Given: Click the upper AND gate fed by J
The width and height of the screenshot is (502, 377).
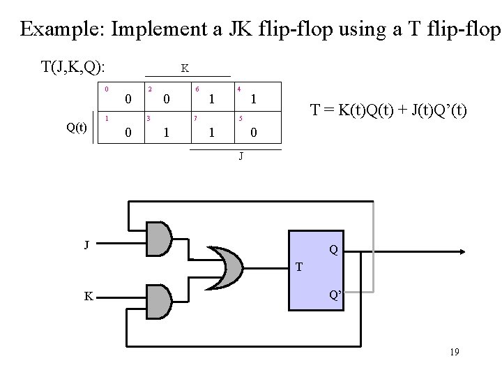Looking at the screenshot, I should tap(158, 239).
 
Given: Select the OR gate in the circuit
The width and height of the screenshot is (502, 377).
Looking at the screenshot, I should tap(225, 265).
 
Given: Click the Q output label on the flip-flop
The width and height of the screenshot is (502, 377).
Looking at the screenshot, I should tap(334, 249).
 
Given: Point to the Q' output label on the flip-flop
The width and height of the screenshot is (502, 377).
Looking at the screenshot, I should tap(335, 295).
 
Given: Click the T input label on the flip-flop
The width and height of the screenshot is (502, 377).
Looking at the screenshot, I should tap(298, 267).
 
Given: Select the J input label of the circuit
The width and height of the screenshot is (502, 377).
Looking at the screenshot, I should tap(86, 244).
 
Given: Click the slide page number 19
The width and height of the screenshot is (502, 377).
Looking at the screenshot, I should tap(454, 353).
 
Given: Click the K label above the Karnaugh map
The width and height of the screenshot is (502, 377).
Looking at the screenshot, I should tap(184, 68).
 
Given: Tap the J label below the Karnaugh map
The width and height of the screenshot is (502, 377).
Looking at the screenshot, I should tap(241, 156).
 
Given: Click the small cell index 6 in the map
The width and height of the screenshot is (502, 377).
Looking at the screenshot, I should tap(197, 89).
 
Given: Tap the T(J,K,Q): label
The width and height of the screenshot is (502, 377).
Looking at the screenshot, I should tap(73, 67).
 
